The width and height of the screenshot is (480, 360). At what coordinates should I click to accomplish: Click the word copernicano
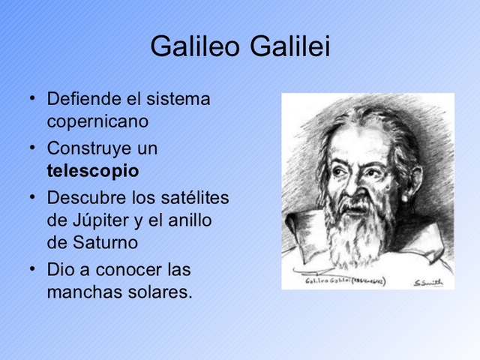point(97,121)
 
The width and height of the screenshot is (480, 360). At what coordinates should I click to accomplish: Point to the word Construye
point(87,148)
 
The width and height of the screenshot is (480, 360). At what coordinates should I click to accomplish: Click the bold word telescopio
point(92,171)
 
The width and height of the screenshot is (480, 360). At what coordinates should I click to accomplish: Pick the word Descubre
point(84,198)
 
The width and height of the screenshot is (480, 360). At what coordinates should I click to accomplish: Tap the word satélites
point(196,198)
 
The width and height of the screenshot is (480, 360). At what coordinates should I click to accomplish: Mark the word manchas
point(80,292)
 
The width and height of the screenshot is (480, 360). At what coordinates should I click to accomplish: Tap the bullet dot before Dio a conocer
point(32,268)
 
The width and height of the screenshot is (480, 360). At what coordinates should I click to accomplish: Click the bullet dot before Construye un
point(32,147)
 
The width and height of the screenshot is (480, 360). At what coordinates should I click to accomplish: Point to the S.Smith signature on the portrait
point(428,282)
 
